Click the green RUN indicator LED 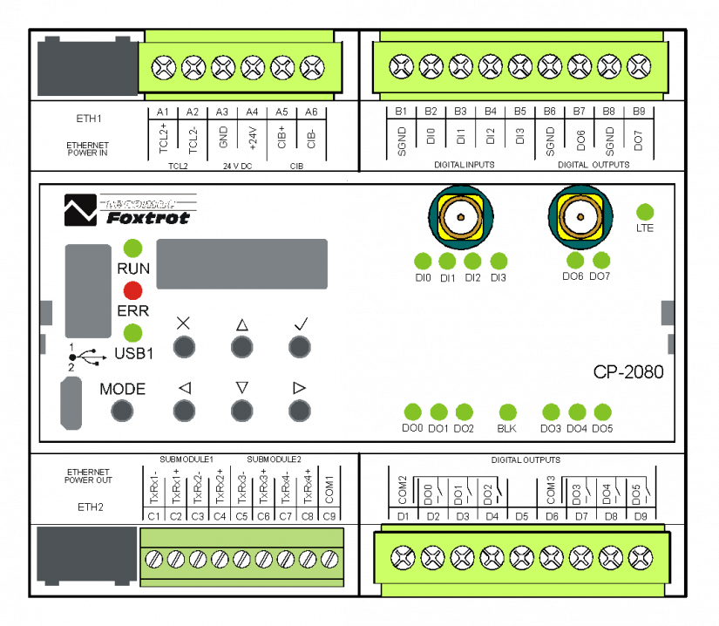point(132,248)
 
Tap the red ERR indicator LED point(132,290)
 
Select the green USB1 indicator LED point(132,332)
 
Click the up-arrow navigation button point(241,347)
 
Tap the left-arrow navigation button point(184,410)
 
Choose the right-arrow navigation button point(299,410)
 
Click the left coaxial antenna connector point(460,215)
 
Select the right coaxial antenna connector point(580,215)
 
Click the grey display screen point(241,263)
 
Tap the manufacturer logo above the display point(129,210)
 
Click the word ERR point(133,311)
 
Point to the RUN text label point(133,269)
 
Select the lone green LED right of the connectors point(645,212)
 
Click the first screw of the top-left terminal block point(163,66)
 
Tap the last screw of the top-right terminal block point(639,65)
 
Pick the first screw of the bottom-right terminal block point(402,556)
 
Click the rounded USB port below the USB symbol point(71,404)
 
